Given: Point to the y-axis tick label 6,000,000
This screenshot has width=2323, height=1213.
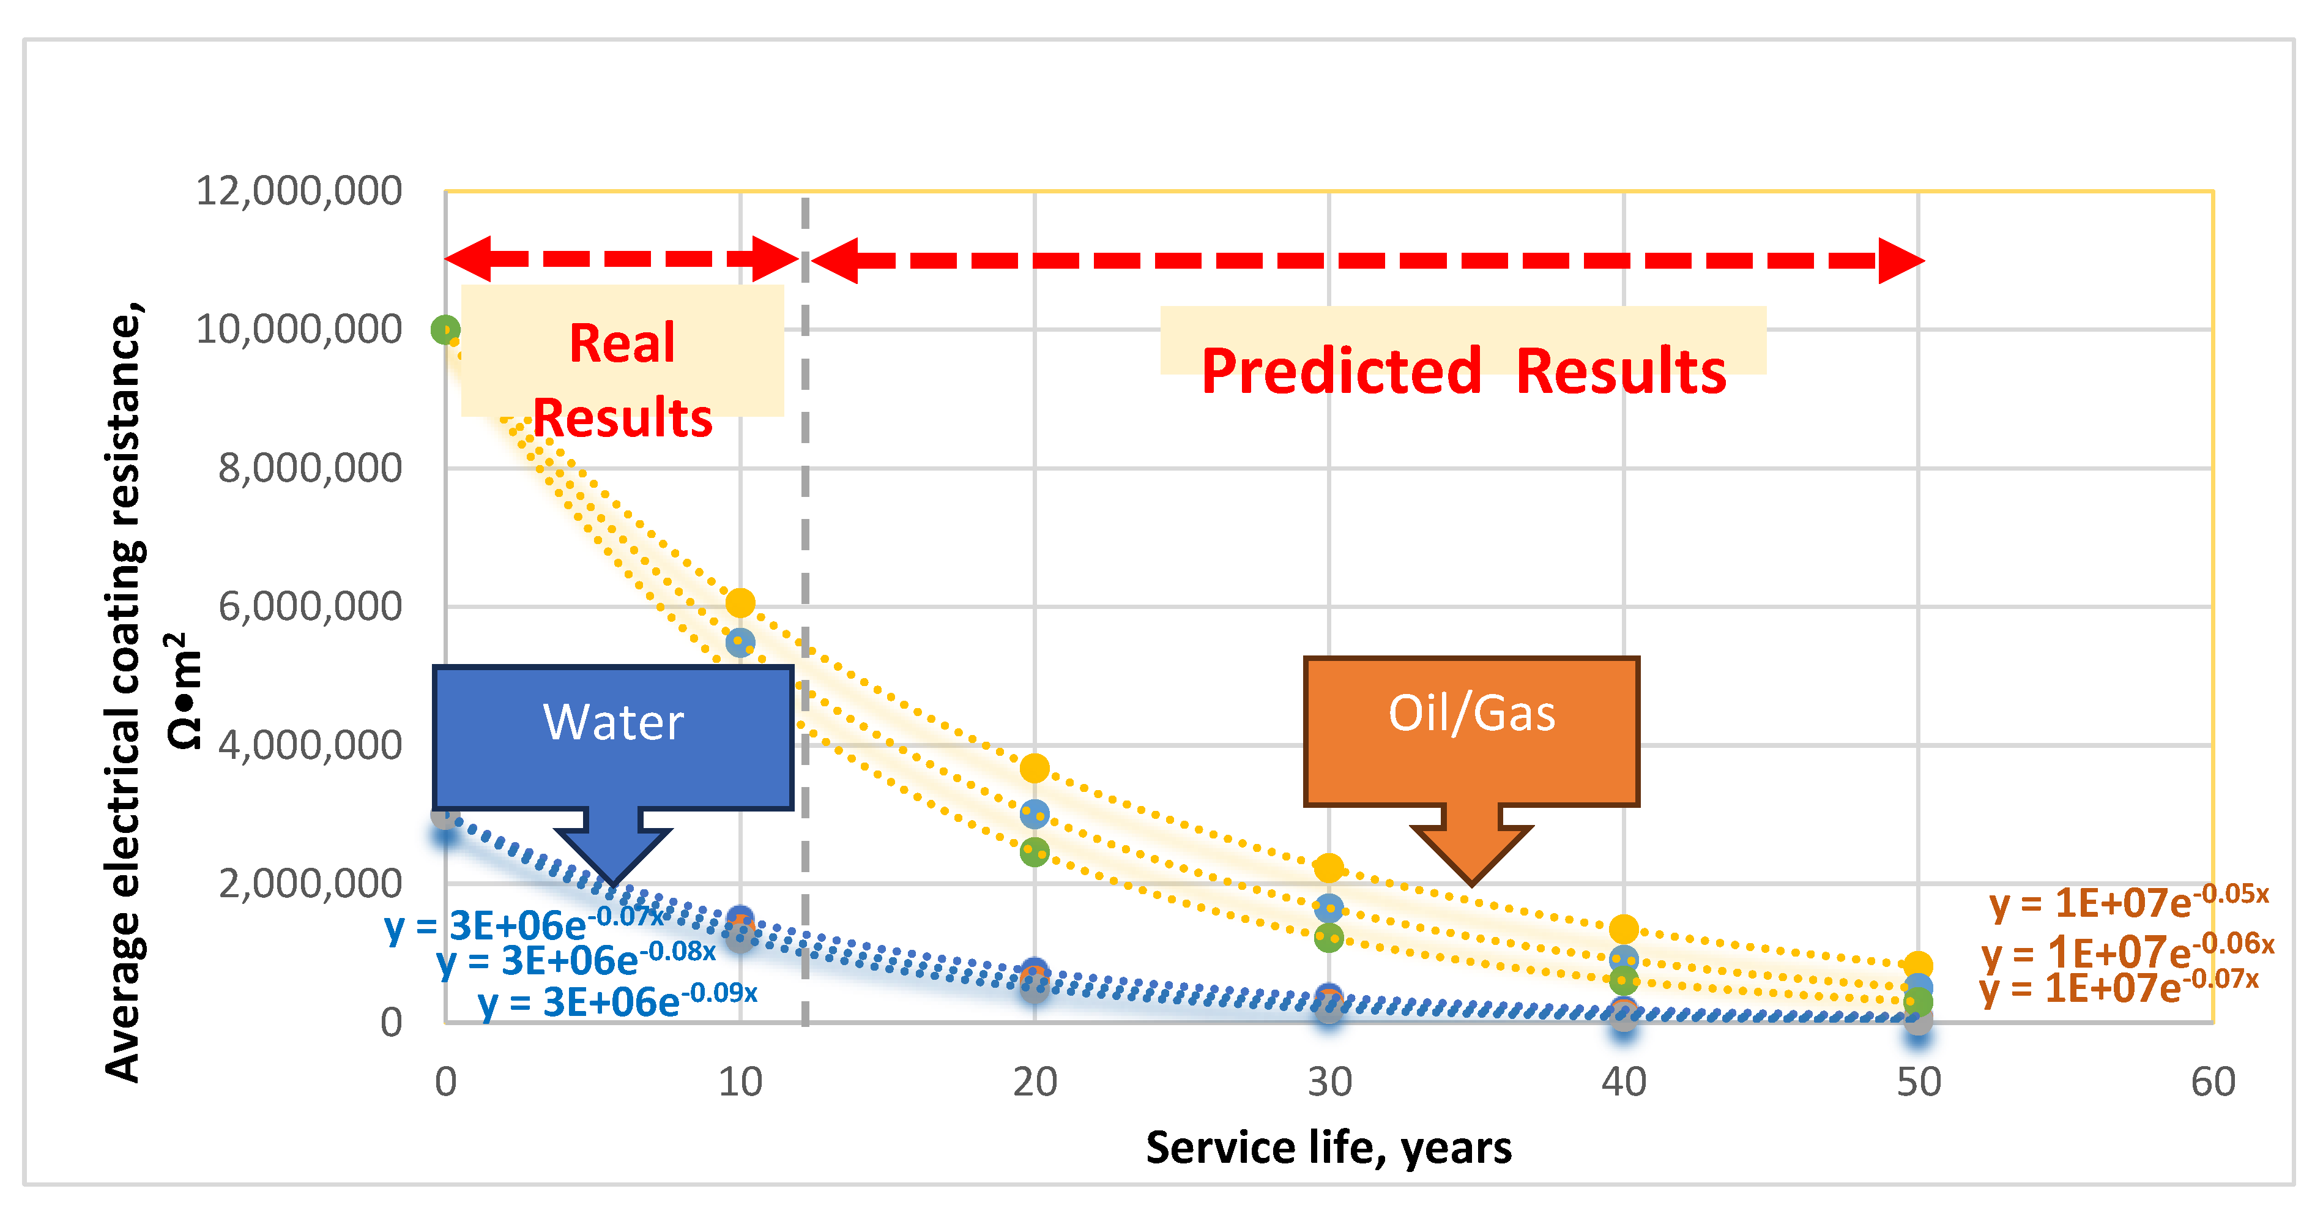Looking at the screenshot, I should (x=310, y=606).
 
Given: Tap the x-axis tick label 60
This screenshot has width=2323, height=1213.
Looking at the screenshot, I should (x=2212, y=1081).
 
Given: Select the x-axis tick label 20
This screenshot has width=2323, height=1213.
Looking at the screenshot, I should (x=1035, y=1081).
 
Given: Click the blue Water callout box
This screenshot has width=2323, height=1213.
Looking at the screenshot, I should (x=613, y=736).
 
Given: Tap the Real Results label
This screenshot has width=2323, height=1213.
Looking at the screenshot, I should (x=622, y=379).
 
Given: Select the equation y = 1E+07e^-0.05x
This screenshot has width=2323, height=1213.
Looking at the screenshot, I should (x=2128, y=902).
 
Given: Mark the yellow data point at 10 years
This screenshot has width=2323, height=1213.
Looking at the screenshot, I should (x=740, y=602).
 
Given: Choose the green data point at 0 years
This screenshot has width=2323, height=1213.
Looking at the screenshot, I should (x=445, y=330).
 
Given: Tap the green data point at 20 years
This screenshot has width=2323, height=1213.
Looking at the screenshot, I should (x=1035, y=851).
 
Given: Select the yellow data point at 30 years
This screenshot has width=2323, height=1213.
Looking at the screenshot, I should (x=1328, y=868).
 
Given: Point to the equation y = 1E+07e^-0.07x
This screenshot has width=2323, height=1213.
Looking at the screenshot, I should (x=2119, y=988).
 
